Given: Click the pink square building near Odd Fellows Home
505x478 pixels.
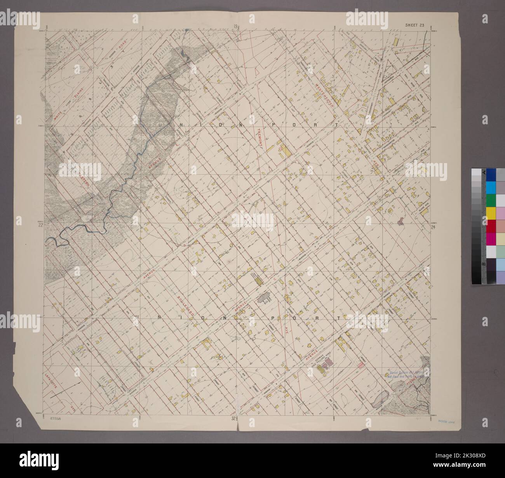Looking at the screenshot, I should tap(361, 365).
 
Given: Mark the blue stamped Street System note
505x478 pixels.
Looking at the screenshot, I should tap(404, 373).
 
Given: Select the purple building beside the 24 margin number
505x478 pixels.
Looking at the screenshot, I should tap(401, 221).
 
